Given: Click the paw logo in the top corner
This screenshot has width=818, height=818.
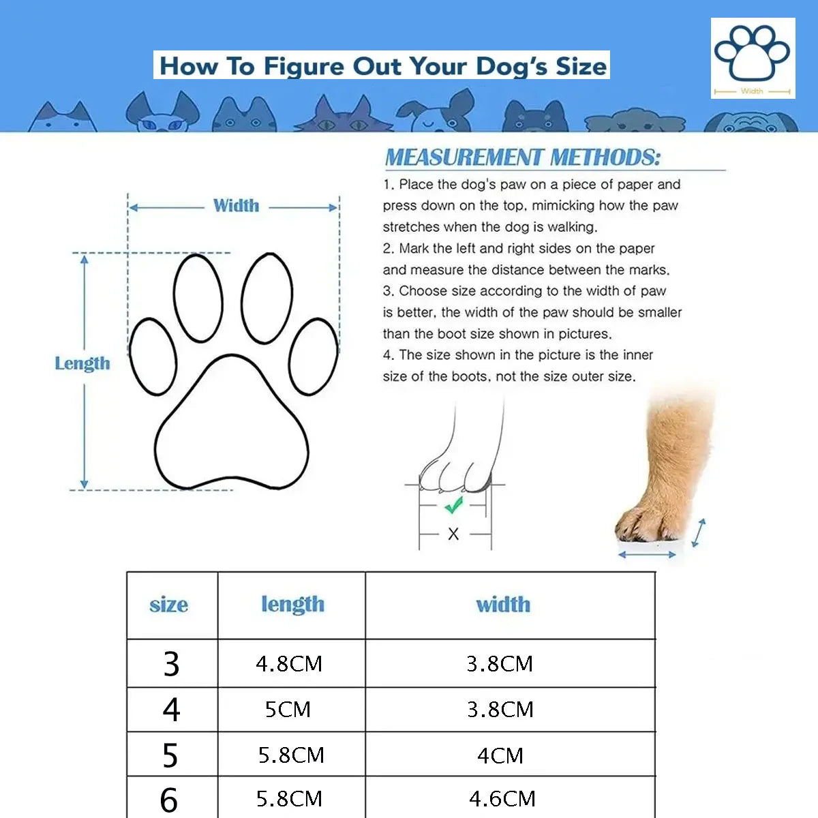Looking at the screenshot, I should pyautogui.click(x=753, y=57).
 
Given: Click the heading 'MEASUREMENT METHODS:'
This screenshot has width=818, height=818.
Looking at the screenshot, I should pyautogui.click(x=523, y=157).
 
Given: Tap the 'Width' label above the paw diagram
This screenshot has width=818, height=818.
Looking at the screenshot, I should pyautogui.click(x=236, y=206).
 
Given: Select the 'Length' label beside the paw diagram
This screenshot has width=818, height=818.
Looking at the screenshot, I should pyautogui.click(x=82, y=363).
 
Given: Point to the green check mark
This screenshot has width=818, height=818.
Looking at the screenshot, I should pyautogui.click(x=453, y=505).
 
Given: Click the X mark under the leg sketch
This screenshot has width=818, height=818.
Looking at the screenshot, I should pyautogui.click(x=453, y=534).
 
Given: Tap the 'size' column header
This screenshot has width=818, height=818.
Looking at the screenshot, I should pyautogui.click(x=168, y=605).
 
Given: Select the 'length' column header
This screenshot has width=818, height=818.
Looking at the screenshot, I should pyautogui.click(x=292, y=605).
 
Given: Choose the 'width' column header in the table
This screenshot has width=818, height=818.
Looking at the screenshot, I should pyautogui.click(x=503, y=605).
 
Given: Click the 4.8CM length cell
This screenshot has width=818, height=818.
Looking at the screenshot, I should pyautogui.click(x=289, y=664).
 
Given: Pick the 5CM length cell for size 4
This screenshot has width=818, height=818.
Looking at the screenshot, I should pyautogui.click(x=288, y=710).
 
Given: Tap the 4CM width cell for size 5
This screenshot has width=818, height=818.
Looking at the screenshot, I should pyautogui.click(x=500, y=755).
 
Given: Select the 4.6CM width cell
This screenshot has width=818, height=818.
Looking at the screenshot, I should pyautogui.click(x=502, y=798).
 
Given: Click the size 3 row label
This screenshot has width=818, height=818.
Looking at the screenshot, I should pyautogui.click(x=171, y=664).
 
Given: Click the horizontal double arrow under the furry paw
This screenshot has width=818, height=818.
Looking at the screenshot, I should pyautogui.click(x=647, y=555).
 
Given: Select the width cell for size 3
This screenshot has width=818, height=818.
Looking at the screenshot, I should pyautogui.click(x=500, y=664).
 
